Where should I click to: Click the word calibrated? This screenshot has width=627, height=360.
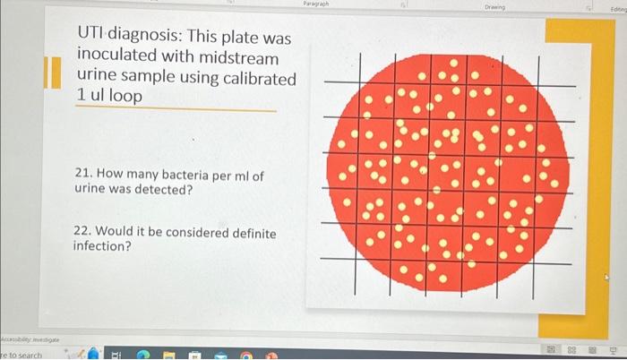[x=258, y=77]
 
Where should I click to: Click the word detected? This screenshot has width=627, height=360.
[x=165, y=191]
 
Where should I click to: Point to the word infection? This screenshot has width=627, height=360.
[x=102, y=246]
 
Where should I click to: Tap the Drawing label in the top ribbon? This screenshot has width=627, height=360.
[x=494, y=6]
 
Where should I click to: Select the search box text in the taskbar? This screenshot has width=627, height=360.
[x=21, y=355]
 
